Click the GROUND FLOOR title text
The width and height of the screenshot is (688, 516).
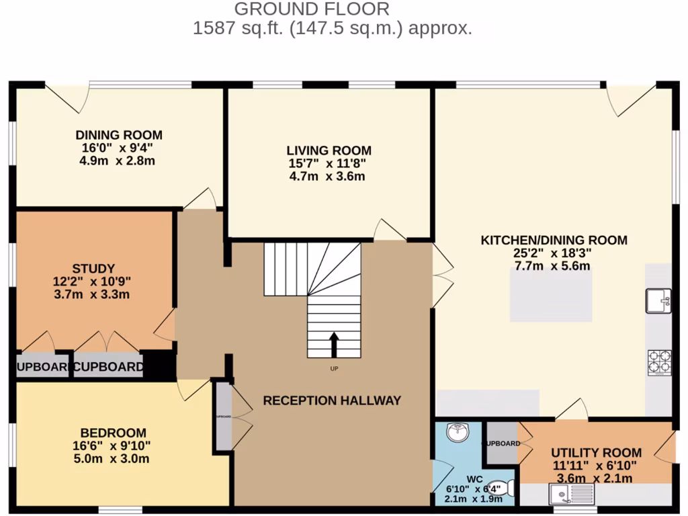tap(311, 9)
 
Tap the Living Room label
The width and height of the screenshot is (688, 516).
tap(329, 150)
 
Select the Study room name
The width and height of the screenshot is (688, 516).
tap(93, 268)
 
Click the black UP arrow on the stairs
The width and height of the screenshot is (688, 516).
tap(333, 344)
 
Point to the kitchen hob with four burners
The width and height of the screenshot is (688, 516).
tap(659, 362)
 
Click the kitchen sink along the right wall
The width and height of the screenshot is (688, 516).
tap(658, 300)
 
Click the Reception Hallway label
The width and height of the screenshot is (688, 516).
tap(332, 400)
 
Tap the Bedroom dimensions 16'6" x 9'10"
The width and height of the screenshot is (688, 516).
tap(114, 445)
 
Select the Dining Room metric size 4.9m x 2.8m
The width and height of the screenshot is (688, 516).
tap(119, 161)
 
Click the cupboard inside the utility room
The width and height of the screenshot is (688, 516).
tap(501, 443)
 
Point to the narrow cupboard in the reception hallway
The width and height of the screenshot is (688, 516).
tap(223, 417)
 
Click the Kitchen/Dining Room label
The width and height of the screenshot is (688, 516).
tap(554, 240)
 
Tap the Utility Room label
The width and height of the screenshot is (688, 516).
tap(596, 453)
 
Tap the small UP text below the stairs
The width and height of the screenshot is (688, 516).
tap(333, 369)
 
